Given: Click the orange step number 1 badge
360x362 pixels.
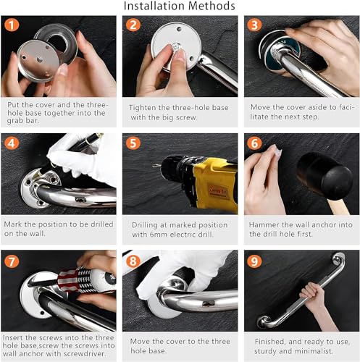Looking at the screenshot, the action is coord(12,25).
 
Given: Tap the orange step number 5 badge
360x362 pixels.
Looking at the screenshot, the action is coord(133,143).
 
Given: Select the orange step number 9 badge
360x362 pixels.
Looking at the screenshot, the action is coord(254,261).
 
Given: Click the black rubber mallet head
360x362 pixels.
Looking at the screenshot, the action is coord(325,176).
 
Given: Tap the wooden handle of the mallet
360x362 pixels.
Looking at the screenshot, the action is coord(338,207).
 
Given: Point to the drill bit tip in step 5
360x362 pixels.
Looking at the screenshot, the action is coord(153,166).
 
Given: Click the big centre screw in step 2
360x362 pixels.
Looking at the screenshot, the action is coord(176,46).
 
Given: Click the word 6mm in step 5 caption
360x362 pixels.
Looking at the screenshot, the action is coord(158,235).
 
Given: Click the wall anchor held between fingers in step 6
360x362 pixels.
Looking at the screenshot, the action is coord(276,150).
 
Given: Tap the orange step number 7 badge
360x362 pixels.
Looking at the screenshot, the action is coord(12,261).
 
